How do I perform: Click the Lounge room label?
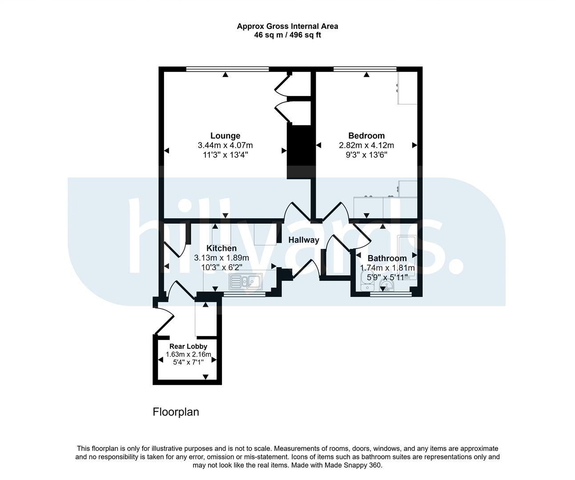pyautogui.click(x=225, y=136)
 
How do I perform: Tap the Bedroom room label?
pyautogui.click(x=366, y=136)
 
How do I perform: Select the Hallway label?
pyautogui.click(x=304, y=240)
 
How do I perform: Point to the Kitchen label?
pyautogui.click(x=221, y=248)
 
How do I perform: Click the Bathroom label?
pyautogui.click(x=387, y=258)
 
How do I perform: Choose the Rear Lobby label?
pyautogui.click(x=189, y=347)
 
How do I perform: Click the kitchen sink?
pyautogui.click(x=245, y=281)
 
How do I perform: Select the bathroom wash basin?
pyautogui.click(x=386, y=285)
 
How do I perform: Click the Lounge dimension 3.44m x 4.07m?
pyautogui.click(x=225, y=145)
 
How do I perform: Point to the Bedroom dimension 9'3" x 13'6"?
pyautogui.click(x=366, y=155)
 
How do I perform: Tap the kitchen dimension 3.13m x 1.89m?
pyautogui.click(x=221, y=258)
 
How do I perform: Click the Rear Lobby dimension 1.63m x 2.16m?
pyautogui.click(x=189, y=355)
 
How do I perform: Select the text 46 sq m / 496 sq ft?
pyautogui.click(x=287, y=35)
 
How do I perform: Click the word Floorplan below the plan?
pyautogui.click(x=176, y=412)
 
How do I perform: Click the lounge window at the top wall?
pyautogui.click(x=228, y=69)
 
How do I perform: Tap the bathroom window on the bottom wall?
pyautogui.click(x=391, y=294)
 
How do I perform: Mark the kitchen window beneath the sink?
pyautogui.click(x=244, y=294)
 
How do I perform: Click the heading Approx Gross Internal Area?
pyautogui.click(x=287, y=26)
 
